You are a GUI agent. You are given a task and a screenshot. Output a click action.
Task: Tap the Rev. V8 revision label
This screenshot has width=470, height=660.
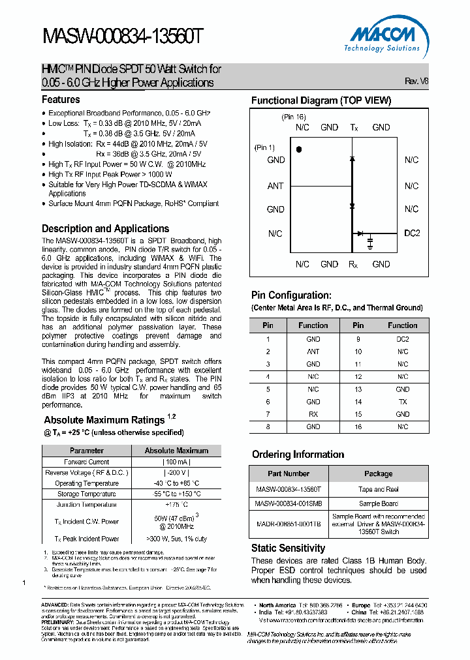point(416,82)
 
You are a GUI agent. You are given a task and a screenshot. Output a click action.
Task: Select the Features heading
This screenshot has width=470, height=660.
point(61,100)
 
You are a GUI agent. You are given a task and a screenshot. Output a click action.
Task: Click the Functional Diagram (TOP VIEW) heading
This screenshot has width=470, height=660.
point(321,100)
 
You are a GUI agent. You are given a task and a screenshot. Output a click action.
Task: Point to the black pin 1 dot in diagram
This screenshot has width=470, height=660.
point(298,149)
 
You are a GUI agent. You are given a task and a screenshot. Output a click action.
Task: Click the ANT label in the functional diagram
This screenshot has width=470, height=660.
point(275,186)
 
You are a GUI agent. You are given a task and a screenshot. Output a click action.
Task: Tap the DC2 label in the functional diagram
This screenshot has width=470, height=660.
point(411,233)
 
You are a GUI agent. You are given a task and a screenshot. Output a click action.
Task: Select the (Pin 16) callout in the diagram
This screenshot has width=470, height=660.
point(294,117)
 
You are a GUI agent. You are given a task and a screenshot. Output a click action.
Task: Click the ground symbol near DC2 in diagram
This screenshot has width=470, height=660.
point(370,243)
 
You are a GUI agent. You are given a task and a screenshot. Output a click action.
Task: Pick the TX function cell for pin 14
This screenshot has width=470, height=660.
point(403,402)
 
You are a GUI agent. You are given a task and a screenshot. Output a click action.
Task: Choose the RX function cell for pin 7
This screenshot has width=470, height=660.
point(313,414)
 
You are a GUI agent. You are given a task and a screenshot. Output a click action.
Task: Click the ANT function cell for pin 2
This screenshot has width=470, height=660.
point(313,352)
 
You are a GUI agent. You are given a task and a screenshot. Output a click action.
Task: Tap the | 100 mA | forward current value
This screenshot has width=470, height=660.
point(177,462)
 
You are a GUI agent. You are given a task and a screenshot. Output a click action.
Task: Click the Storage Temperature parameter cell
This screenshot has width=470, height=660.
point(87,494)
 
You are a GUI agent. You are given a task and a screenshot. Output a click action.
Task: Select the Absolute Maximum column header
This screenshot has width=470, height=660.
point(177,451)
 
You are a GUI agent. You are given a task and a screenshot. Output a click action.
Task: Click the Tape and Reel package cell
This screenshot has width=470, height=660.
point(378,488)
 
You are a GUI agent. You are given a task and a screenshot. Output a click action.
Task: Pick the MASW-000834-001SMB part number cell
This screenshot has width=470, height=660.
point(289,503)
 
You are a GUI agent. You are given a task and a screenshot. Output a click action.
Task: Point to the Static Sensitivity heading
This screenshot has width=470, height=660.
point(288,548)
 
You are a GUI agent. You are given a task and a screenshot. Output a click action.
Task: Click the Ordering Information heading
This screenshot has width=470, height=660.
point(298,455)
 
